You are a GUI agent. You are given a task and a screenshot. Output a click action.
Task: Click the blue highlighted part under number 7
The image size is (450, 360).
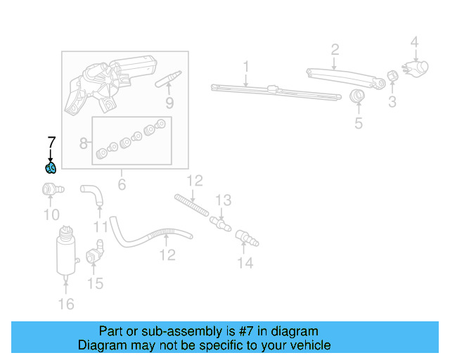click(50, 167)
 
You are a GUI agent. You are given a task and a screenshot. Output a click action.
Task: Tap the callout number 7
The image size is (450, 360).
click(50, 142)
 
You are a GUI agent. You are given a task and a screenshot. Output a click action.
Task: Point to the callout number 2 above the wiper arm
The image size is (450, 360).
click(335, 49)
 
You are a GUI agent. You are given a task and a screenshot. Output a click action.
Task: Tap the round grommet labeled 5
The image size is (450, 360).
click(358, 96)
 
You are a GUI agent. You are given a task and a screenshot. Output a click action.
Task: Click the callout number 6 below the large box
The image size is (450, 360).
click(121, 184)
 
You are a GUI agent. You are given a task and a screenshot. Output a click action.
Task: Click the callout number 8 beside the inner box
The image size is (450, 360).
click(84, 144)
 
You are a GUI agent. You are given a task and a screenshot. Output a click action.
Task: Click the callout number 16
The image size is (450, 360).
click(65, 304)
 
